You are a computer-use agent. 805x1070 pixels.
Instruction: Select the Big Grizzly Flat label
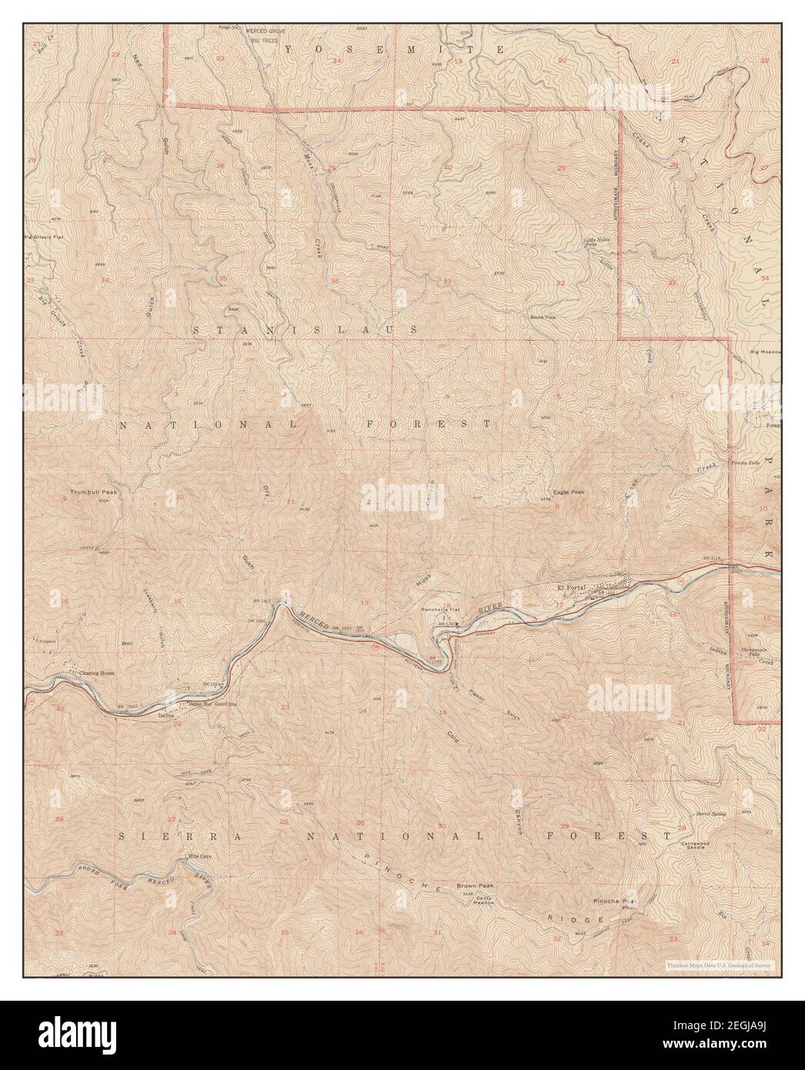coord(45,237)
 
